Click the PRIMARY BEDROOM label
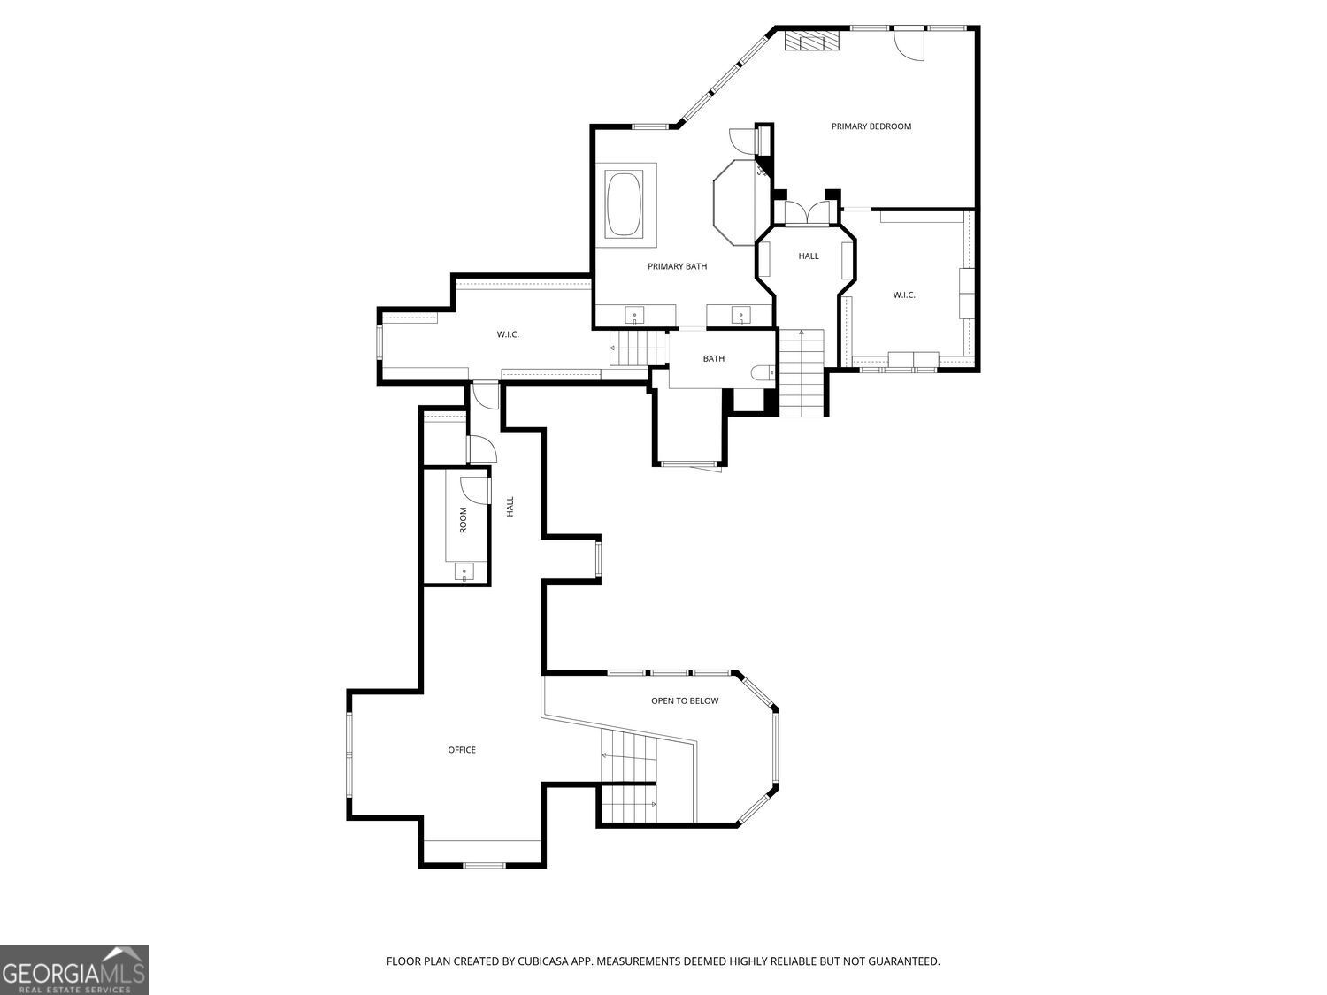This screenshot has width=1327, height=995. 871,126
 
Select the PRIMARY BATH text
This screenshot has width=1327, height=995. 677,266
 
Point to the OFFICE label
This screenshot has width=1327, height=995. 462,750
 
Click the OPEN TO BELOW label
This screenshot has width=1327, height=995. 685,701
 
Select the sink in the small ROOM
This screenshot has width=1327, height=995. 464,573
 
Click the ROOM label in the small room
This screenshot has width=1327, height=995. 463,520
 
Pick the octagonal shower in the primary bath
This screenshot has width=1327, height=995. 735,202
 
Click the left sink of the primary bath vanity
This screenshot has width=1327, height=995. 635,315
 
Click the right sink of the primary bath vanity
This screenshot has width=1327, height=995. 740,315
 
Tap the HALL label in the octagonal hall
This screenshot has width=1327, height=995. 809,256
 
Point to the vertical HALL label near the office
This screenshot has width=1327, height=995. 510,507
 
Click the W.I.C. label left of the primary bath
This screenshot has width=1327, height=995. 508,334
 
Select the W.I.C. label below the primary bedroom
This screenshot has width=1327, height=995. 903,295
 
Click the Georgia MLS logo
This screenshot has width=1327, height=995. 74,970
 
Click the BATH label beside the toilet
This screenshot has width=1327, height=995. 714,359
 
